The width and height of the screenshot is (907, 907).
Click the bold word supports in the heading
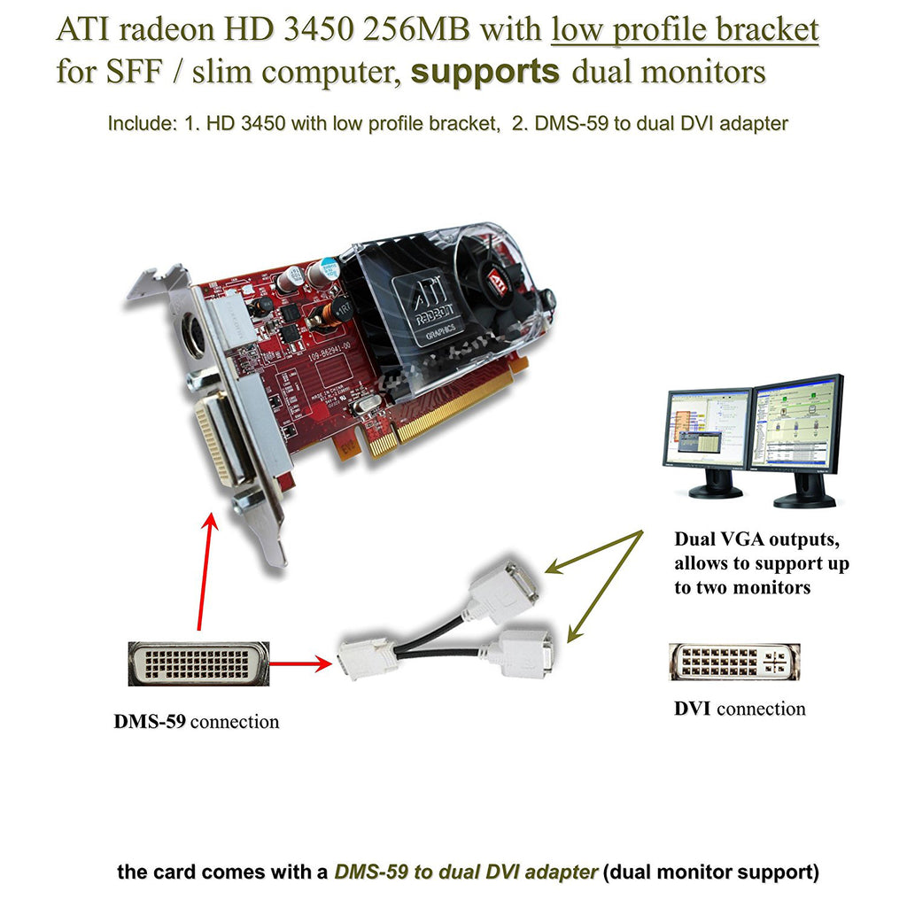485,71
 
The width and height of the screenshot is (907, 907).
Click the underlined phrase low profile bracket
684,30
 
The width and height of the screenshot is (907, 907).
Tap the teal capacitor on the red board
329,268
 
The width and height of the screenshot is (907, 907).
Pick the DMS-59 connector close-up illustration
197,663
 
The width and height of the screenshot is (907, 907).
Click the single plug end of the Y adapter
368,658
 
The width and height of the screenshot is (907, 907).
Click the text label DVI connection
740,709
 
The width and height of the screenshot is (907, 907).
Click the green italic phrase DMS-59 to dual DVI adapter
465,872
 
